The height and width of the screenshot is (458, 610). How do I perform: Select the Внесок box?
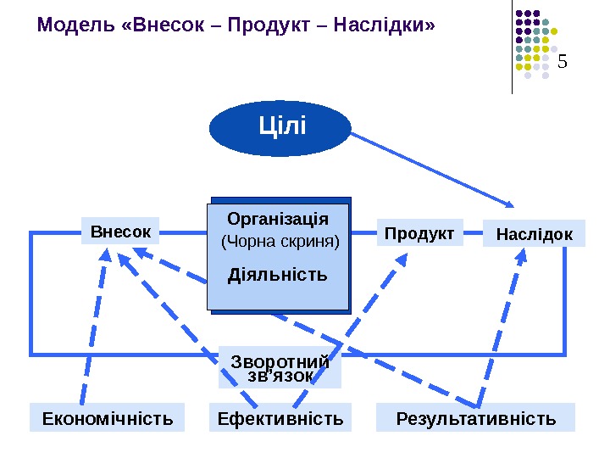(x=120, y=232)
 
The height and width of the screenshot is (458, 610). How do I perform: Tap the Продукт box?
(x=419, y=233)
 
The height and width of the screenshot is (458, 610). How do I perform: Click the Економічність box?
(x=107, y=418)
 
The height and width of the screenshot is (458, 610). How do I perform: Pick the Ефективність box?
(x=280, y=418)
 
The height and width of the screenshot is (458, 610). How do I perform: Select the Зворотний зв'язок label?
(x=280, y=369)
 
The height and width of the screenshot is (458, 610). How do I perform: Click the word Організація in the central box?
(x=278, y=220)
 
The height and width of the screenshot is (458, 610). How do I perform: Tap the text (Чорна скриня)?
(x=280, y=243)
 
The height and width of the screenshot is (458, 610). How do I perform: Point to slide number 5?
(x=562, y=62)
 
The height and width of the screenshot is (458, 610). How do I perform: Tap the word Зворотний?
(x=280, y=362)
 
